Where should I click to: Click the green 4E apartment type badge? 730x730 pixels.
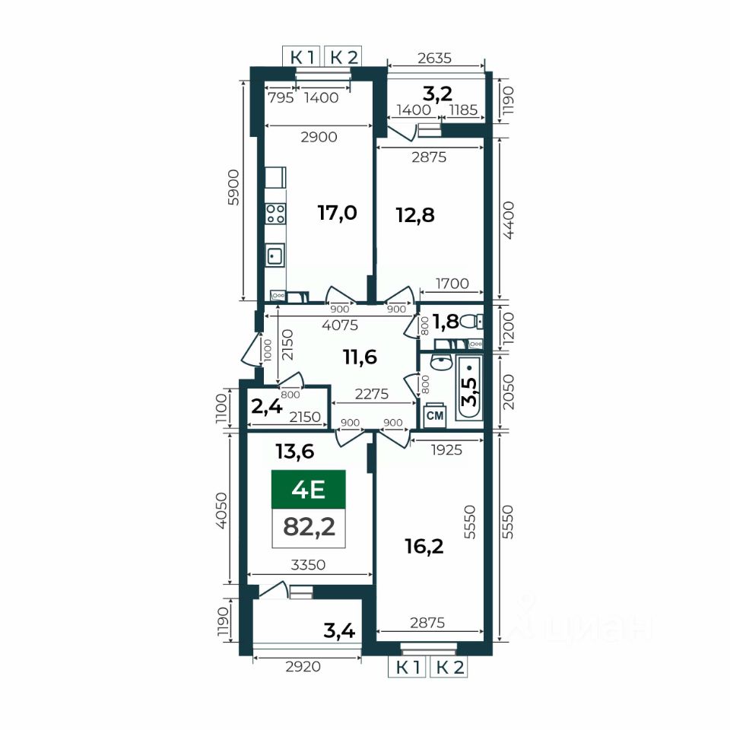coord(308,489)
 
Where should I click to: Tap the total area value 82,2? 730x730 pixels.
coord(309,527)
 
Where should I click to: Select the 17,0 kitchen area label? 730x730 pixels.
coord(337,213)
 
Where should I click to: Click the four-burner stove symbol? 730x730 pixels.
coord(275,214)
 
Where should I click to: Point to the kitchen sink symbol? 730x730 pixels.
coord(275,255)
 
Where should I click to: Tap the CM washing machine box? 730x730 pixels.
coord(435,415)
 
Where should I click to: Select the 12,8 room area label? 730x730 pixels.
coord(415,215)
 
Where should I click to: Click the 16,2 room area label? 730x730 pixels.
coord(424,546)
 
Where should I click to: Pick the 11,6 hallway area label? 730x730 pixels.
coord(360,357)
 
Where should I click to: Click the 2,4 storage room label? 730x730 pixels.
coord(267,406)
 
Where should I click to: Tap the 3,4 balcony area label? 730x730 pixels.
coord(339,631)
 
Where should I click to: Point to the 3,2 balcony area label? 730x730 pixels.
coord(437,94)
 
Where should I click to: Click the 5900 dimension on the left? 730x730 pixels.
coord(233,188)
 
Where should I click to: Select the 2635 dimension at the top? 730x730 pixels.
coord(434,58)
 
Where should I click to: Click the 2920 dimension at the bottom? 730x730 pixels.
coord(303,667)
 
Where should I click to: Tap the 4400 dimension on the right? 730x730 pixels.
coord(509,221)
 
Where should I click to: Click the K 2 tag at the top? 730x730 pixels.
coord(344,57)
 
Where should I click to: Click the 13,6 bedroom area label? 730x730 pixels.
coord(295,451)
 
